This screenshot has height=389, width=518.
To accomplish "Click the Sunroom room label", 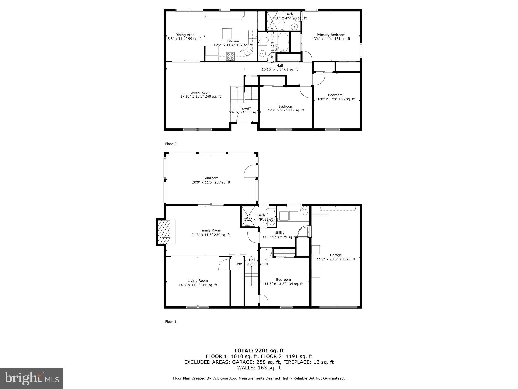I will point(211,178).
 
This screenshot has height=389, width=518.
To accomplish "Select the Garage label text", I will point(336,255).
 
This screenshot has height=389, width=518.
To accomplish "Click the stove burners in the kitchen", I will point(53,56).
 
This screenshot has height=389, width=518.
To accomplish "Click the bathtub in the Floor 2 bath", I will point(283,42).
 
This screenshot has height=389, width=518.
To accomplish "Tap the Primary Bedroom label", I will point(331,35).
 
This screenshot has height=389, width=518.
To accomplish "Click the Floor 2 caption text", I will point(171,144).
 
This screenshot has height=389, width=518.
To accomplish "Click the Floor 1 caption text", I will point(171,322).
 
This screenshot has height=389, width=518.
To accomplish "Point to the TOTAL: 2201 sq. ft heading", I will point(259,351).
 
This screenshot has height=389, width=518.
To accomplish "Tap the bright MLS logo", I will point(32,378).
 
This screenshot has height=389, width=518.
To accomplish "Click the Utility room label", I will point(279,233).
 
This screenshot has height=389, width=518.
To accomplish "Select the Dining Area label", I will point(185,35).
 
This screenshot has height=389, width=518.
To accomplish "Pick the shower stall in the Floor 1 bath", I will point(248,217).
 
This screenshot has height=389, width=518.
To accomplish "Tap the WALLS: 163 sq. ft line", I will point(259,368).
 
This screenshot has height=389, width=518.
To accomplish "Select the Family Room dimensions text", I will point(210,235).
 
